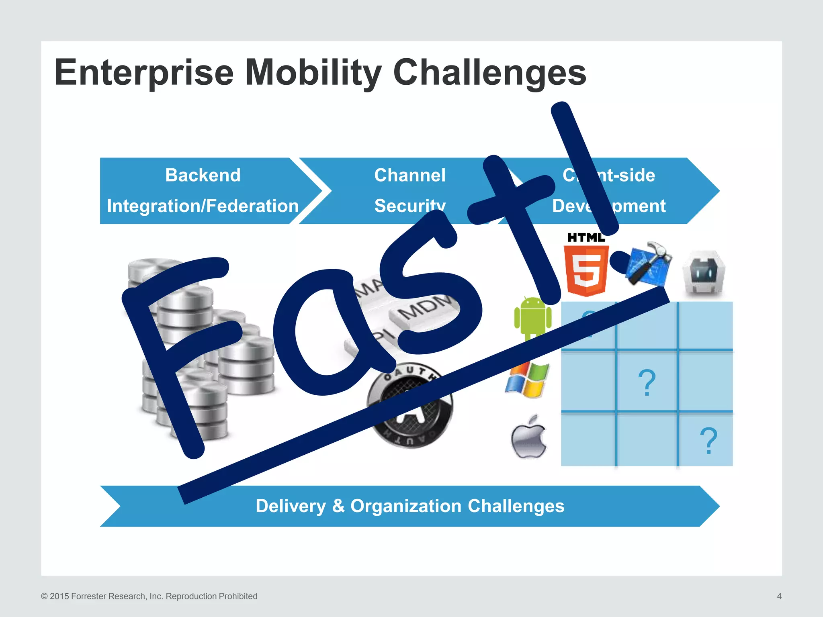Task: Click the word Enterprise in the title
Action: click(x=144, y=73)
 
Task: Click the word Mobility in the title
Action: click(x=313, y=73)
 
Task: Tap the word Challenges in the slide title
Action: click(x=489, y=73)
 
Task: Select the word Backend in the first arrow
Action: click(x=203, y=175)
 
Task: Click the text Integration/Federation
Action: click(x=203, y=206)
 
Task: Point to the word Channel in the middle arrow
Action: click(x=409, y=175)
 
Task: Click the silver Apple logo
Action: click(x=528, y=438)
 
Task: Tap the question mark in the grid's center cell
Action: click(x=647, y=383)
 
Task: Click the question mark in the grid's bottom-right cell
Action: click(x=708, y=441)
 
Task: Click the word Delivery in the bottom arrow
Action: click(x=291, y=506)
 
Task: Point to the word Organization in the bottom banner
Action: click(x=406, y=506)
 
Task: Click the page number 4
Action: click(x=779, y=596)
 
